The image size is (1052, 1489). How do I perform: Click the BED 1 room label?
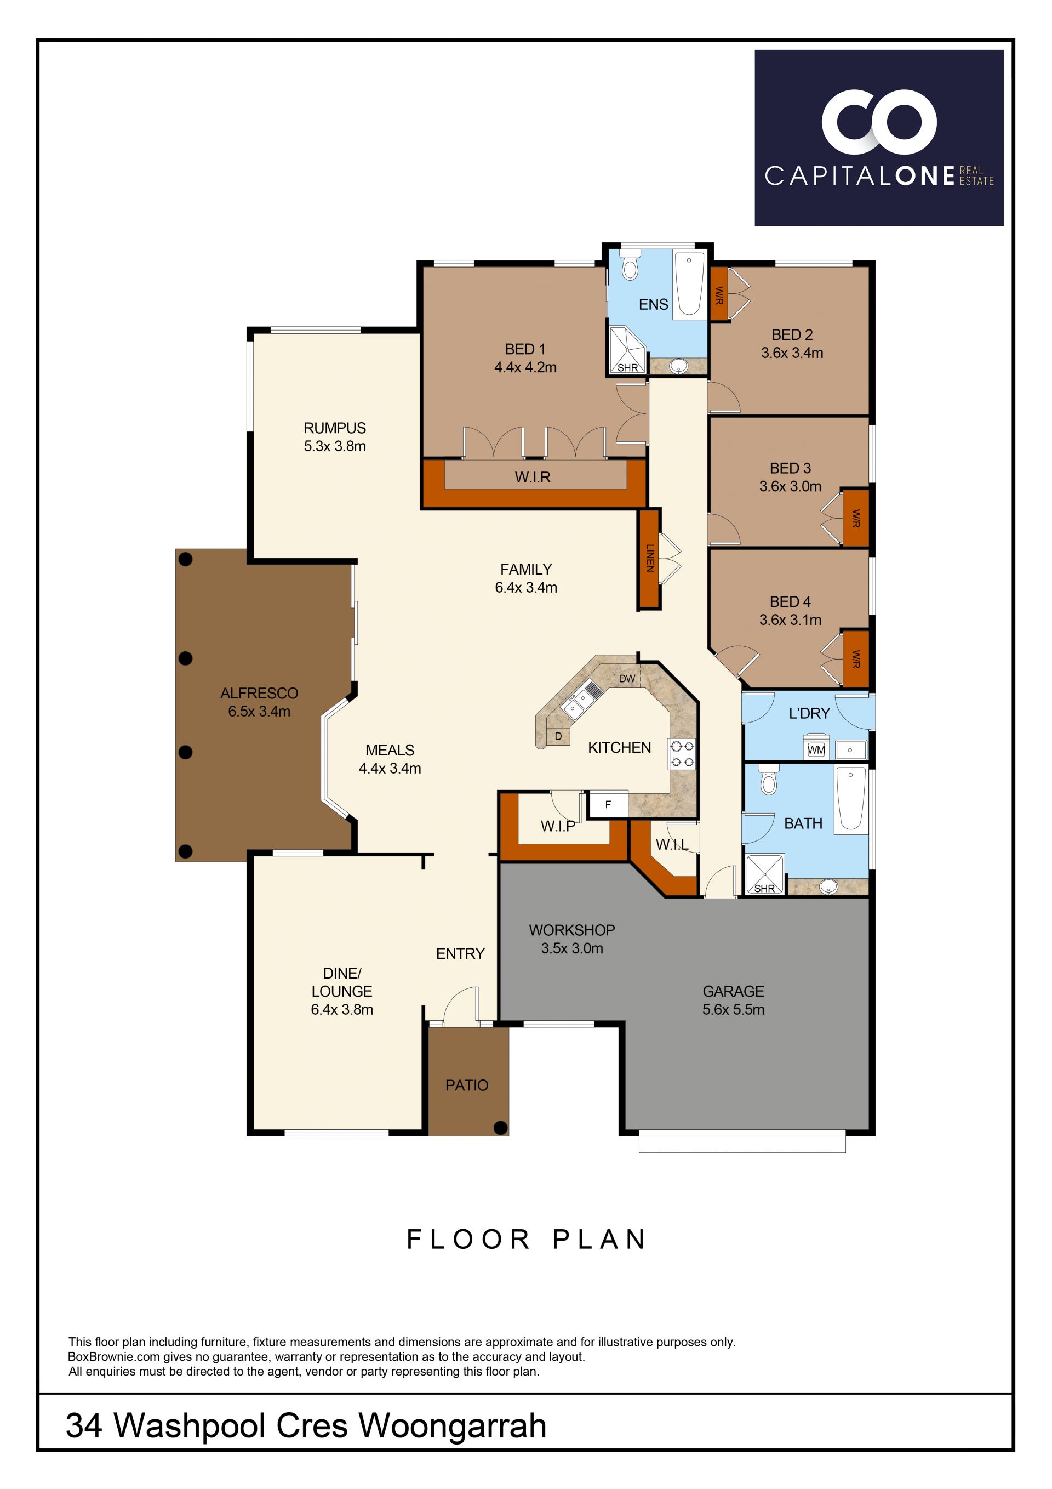coord(525,349)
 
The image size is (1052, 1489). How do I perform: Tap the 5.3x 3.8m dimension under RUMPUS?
coord(335,446)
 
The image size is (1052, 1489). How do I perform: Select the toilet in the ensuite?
coord(630,265)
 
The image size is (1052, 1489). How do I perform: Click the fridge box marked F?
coord(608,805)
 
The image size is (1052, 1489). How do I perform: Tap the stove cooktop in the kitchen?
coord(682,754)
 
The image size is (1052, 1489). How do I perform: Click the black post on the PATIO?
coord(500,1128)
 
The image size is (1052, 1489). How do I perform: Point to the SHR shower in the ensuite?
coord(627,351)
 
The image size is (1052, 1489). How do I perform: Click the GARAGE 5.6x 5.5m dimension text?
coord(733,1010)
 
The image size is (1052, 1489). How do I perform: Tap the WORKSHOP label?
coord(571,930)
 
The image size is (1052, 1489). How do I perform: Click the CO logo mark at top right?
coord(879,120)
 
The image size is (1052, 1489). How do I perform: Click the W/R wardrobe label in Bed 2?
coord(719,295)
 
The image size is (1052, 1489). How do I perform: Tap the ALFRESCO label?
coord(259,694)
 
